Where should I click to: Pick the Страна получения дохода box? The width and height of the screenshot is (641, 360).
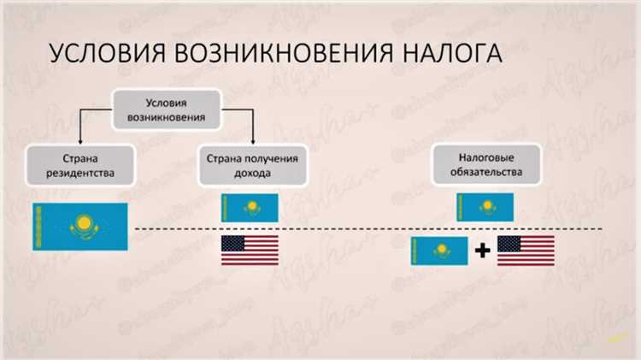[250, 166]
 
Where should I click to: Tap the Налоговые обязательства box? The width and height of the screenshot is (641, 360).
[485, 166]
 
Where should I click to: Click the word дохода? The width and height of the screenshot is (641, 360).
[250, 174]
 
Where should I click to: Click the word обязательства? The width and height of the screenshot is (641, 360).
[485, 174]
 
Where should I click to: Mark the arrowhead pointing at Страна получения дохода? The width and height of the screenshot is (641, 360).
[253, 141]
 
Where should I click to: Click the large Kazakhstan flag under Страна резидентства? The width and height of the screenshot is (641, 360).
[79, 227]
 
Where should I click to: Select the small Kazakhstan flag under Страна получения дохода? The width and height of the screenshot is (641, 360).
[250, 208]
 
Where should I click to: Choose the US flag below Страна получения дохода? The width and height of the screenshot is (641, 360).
[250, 250]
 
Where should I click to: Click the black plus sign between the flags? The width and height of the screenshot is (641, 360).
[483, 251]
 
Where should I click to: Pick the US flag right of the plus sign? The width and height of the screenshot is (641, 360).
[526, 251]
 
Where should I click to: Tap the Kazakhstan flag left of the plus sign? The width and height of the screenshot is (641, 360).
[439, 251]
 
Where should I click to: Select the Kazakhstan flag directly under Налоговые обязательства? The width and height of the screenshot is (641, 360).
[485, 208]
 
